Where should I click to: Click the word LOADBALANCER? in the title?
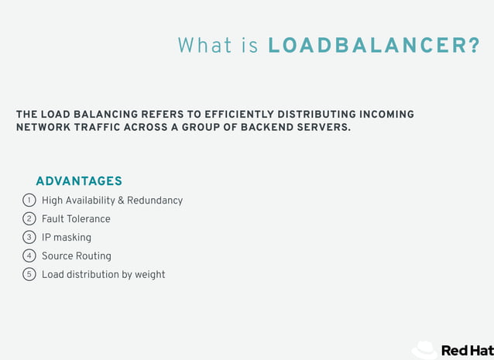point(373,46)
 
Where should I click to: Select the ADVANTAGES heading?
point(79,181)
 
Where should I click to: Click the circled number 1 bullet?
point(29,201)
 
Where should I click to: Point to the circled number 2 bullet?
point(29,219)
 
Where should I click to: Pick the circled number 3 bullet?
point(29,238)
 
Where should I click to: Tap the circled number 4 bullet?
point(29,256)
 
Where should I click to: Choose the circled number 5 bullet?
point(29,274)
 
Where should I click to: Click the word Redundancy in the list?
point(155,201)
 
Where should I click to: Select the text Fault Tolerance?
point(76,219)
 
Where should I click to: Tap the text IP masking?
point(67,238)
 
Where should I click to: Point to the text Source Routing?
point(77,256)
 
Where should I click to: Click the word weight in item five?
point(150,275)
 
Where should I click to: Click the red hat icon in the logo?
point(424,350)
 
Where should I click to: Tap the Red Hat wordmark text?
point(467,351)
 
